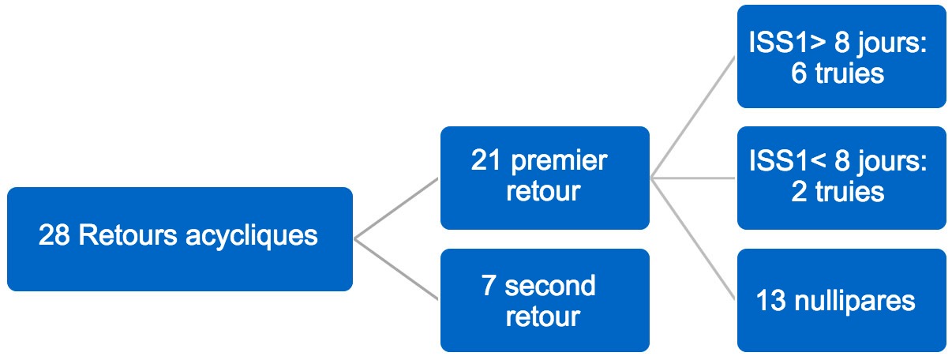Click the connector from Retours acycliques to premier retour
tap(396, 208)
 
